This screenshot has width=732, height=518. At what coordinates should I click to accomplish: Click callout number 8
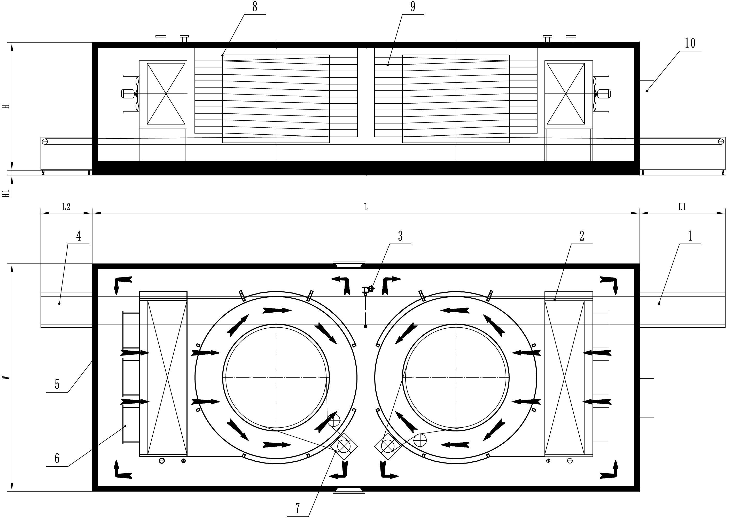click(x=254, y=7)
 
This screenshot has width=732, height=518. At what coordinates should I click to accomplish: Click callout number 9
click(x=412, y=7)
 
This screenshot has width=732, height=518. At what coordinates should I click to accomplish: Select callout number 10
click(x=690, y=43)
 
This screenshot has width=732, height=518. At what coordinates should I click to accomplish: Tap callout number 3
click(x=400, y=236)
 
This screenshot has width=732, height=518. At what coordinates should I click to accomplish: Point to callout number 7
click(x=298, y=508)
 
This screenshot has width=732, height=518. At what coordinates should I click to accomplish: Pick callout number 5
click(x=57, y=385)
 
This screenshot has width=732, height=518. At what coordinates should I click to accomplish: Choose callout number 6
click(x=57, y=459)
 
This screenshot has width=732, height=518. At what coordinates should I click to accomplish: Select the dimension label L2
click(x=66, y=207)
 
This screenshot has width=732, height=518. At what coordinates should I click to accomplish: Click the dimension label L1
click(x=682, y=207)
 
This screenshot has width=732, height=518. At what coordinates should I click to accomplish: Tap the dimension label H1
click(x=5, y=193)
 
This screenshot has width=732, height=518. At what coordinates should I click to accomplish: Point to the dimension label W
click(x=5, y=378)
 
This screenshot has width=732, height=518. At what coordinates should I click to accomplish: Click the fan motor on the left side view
click(x=128, y=94)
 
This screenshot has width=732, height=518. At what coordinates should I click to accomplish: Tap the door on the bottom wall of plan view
click(x=349, y=491)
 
